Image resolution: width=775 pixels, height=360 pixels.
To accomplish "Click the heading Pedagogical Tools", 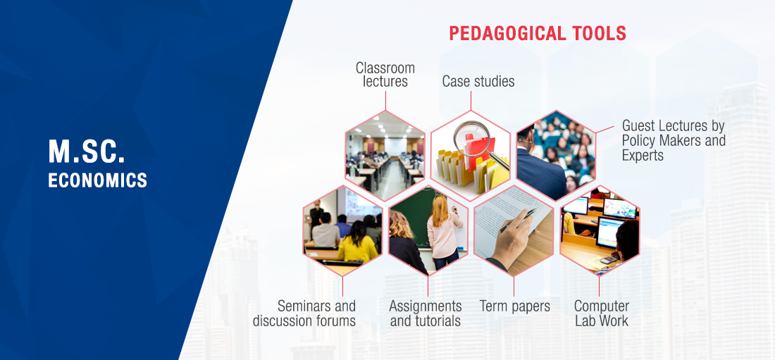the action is tap(538, 34).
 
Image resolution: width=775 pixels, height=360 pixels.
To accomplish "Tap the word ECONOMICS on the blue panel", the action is tap(98, 180).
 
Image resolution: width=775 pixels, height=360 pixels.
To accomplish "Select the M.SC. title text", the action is tap(87, 151).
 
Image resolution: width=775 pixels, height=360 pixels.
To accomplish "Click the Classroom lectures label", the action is tap(385, 75).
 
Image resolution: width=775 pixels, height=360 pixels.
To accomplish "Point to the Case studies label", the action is tap(478, 81).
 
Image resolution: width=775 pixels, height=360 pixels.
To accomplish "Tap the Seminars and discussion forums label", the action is tap(304, 313).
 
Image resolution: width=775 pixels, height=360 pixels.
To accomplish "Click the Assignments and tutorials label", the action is tap(426, 313).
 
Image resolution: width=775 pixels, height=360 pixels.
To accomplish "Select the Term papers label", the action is tap(514, 306).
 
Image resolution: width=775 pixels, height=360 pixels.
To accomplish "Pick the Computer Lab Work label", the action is tap(602, 313).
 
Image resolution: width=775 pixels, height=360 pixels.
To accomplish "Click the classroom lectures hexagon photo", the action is tap(385, 156).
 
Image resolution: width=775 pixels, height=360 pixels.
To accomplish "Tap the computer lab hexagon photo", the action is tap(600, 230).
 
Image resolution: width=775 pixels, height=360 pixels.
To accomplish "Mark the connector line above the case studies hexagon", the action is tap(471, 100).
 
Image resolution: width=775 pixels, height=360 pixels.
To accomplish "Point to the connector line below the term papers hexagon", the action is tap(514, 286).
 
